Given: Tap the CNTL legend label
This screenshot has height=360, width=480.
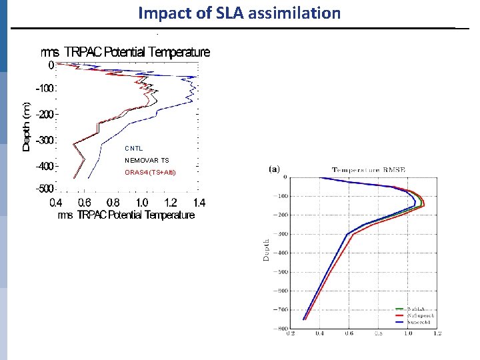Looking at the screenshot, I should coord(134,148).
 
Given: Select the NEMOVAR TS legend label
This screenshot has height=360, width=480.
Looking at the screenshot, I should coord(147,161).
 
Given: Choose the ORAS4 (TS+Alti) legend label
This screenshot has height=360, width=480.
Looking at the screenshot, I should coord(150,173).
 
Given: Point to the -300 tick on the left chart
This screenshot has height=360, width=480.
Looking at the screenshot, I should coord(45,141).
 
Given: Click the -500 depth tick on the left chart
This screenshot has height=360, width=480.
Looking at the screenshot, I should coord(45,189).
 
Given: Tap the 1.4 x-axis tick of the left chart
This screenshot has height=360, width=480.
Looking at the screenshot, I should coord(199,203).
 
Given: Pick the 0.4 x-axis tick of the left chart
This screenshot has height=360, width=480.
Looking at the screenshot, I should coord(56,203).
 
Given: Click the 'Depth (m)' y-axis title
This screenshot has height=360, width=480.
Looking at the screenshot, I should coord(27,126).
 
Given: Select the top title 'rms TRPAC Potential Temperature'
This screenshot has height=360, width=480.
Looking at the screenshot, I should coord(126,52).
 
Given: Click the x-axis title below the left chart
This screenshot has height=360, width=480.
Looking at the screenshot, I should coord(126,215).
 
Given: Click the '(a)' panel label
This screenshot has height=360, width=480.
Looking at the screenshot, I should coord(274,169).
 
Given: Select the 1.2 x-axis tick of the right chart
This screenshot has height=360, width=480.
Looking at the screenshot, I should coord(437,333).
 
